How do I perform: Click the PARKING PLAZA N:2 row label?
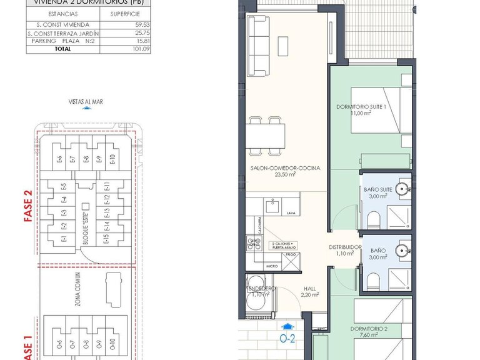[x=61, y=41]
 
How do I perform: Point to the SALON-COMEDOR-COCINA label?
[x=285, y=168]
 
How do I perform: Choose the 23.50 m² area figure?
[x=285, y=175]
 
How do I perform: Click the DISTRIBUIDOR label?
[x=345, y=247]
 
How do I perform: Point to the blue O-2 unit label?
[x=287, y=340]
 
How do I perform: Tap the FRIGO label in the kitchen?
[x=292, y=255]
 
